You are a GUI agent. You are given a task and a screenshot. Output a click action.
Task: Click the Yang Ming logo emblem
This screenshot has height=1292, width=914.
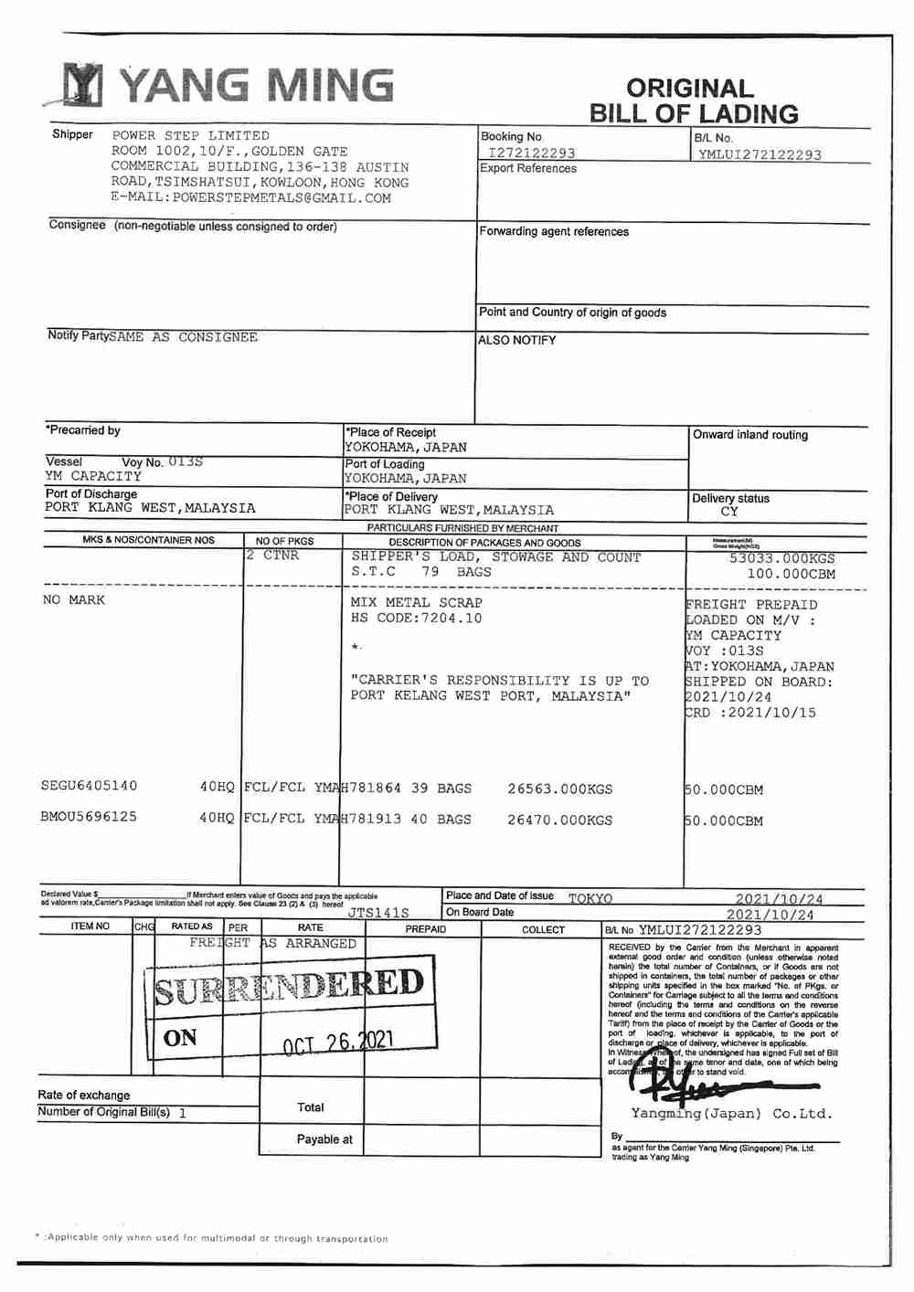83,86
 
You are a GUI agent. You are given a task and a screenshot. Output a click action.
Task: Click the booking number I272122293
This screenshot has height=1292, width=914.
531,154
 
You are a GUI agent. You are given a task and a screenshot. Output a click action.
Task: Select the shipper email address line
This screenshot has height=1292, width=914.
250,197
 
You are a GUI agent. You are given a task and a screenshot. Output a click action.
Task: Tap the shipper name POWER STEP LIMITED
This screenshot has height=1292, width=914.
190,135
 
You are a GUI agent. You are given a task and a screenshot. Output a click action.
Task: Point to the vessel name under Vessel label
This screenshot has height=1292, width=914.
93,476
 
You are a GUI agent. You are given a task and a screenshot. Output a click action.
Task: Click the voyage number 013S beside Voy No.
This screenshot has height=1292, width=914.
186,461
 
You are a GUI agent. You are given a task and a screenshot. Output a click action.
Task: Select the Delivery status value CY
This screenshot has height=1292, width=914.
728,512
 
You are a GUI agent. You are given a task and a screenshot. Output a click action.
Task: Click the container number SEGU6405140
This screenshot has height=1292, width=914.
89,786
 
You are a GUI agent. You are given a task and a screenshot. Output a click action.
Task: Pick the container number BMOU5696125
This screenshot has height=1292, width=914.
89,817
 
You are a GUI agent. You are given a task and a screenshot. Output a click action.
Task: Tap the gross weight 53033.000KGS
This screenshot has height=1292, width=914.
781,558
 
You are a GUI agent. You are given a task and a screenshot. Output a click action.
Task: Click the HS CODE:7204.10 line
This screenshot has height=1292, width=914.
416,619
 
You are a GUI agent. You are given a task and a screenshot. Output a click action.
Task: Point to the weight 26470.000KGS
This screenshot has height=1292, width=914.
559,821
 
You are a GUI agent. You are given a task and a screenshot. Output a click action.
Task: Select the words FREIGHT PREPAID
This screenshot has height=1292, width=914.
751,605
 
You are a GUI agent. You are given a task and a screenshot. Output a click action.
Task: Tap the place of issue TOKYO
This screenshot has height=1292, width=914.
590,899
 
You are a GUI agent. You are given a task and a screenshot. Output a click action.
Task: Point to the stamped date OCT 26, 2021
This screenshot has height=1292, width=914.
338,1043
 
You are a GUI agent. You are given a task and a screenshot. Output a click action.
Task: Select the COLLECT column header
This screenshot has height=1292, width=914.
543,929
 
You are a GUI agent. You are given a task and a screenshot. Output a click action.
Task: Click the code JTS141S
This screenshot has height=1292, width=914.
377,913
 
